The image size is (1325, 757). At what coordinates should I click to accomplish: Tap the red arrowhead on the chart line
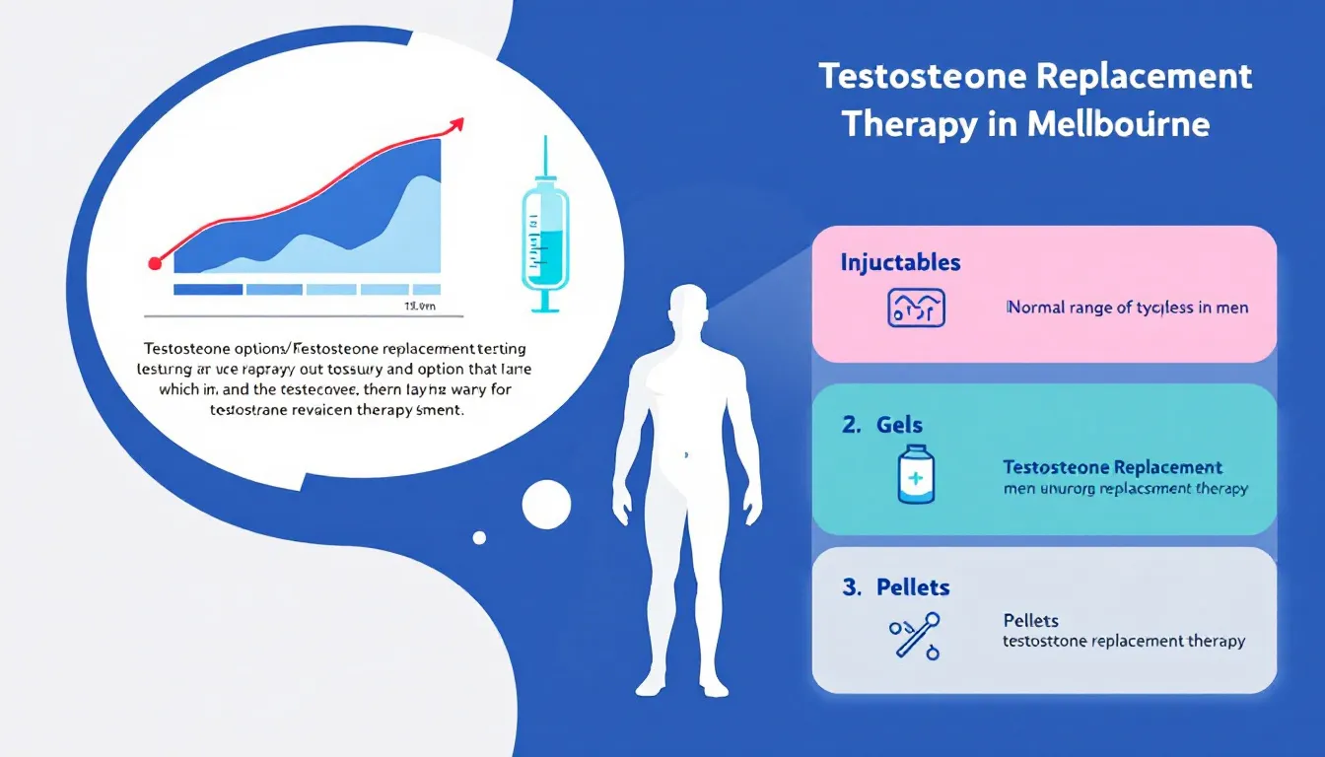(455, 124)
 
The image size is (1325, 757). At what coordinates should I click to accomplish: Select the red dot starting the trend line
(155, 263)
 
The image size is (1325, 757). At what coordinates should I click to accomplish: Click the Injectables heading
(900, 263)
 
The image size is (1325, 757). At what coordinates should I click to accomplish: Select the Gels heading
(899, 425)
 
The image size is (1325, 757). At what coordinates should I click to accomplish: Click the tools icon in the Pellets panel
(914, 635)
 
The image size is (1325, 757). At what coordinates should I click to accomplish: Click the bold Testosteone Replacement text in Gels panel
(1112, 467)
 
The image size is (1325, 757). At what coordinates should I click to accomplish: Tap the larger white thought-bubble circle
(546, 504)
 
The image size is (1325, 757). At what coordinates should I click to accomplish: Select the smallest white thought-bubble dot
(479, 537)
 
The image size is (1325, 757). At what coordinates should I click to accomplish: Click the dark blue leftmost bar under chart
(207, 290)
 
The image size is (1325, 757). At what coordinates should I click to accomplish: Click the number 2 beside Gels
(850, 425)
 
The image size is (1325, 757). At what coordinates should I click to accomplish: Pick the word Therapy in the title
(910, 125)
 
